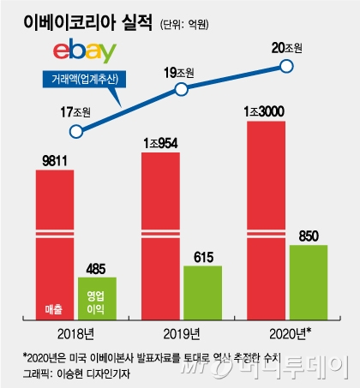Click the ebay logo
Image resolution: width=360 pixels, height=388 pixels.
(x=85, y=51)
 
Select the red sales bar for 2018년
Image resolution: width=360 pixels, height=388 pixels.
(x=55, y=245)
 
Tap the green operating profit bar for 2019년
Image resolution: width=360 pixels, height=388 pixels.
(x=202, y=293)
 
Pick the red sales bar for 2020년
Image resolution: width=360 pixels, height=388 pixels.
(x=266, y=220)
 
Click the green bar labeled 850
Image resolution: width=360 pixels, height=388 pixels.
(x=309, y=283)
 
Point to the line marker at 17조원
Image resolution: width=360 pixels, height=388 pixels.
(x=76, y=132)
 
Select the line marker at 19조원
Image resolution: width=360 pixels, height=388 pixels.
(x=181, y=89)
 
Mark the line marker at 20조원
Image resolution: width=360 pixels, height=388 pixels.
(x=286, y=66)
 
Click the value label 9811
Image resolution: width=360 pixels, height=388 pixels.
(x=55, y=161)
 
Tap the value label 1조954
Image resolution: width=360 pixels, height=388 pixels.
(x=160, y=143)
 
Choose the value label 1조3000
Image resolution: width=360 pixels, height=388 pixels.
(x=264, y=111)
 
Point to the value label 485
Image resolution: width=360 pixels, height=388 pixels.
(x=96, y=269)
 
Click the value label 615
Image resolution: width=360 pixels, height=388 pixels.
(x=203, y=257)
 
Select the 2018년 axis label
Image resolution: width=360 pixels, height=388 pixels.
(x=75, y=334)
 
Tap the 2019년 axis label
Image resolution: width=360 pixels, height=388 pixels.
(x=182, y=334)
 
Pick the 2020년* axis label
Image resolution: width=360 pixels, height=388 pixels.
(x=291, y=333)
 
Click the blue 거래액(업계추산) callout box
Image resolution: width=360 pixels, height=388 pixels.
(x=84, y=79)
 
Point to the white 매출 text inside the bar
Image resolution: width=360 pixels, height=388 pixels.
(x=54, y=309)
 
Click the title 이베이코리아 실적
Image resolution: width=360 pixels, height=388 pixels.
(x=87, y=22)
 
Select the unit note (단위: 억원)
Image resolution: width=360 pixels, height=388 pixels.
(x=184, y=25)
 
